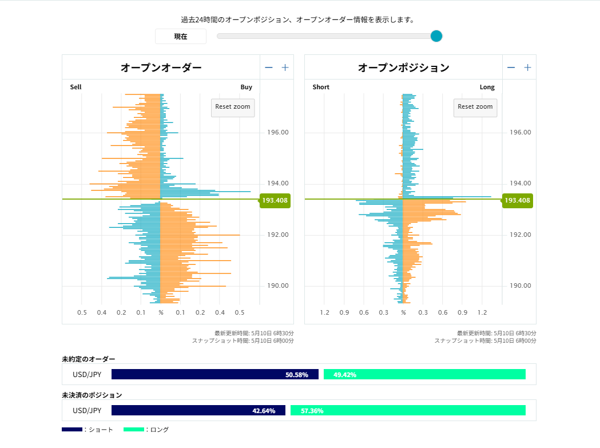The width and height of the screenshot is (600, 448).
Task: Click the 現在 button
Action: [181, 37]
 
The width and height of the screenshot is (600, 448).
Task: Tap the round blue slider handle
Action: [436, 37]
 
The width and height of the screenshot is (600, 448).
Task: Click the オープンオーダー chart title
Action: [161, 68]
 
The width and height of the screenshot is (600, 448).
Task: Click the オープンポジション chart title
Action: [403, 68]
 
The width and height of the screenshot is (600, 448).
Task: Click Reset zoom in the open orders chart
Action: [233, 107]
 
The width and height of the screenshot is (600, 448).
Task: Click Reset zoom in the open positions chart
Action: [475, 107]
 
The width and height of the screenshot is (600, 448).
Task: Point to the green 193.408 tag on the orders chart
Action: [275, 200]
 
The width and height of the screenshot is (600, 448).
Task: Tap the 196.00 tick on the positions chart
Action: [520, 132]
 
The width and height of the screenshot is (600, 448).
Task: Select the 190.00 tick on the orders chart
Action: [277, 286]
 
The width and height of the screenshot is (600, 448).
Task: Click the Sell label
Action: [76, 87]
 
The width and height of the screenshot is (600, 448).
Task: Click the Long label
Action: [487, 87]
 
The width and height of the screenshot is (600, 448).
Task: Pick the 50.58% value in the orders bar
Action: [297, 375]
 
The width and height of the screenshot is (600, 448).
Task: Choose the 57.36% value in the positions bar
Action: [312, 411]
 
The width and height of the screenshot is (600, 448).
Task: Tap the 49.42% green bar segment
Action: [424, 375]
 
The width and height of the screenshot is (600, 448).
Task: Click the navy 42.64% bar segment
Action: [198, 411]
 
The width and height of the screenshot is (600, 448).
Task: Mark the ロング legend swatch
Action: [134, 429]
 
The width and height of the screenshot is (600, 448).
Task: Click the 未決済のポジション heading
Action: [92, 395]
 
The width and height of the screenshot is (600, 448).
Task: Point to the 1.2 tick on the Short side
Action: [325, 312]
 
